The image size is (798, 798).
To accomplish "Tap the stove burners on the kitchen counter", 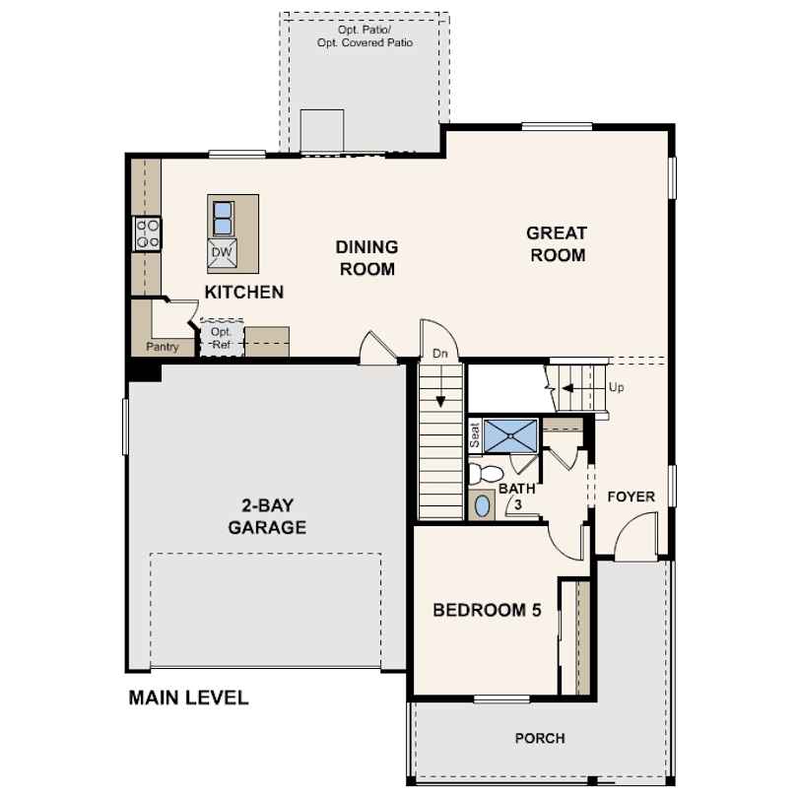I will click(147, 233).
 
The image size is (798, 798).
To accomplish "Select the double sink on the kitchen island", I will click(222, 218).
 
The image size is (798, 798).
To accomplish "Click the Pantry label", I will click(162, 347).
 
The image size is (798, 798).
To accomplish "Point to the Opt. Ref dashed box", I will click(221, 339).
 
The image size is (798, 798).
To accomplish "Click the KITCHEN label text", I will click(243, 292).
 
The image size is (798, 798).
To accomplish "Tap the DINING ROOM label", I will click(366, 257).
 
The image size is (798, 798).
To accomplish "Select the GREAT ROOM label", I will click(557, 244).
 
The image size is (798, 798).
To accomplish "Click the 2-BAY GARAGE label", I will click(267, 517).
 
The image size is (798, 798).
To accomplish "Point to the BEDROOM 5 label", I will click(487, 610).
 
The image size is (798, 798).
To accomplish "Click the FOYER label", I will click(631, 497).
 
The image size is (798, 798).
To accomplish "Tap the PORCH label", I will click(540, 738).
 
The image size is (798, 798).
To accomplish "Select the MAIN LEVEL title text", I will click(188, 698).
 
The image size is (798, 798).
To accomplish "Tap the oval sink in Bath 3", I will click(482, 506).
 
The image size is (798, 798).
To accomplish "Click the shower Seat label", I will click(475, 435).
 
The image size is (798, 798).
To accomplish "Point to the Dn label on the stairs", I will click(439, 353).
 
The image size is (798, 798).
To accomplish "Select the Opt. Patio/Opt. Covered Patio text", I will click(365, 36).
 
